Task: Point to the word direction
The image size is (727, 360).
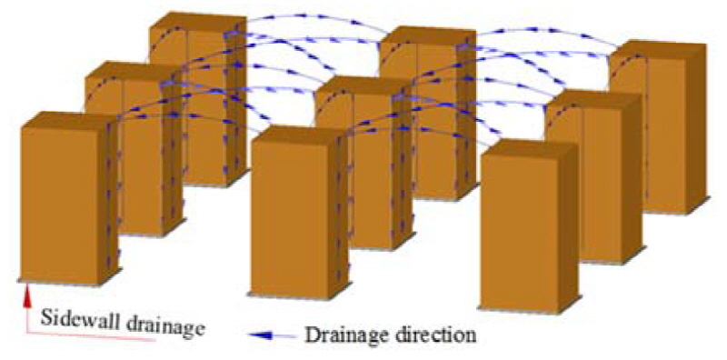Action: point(433,335)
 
